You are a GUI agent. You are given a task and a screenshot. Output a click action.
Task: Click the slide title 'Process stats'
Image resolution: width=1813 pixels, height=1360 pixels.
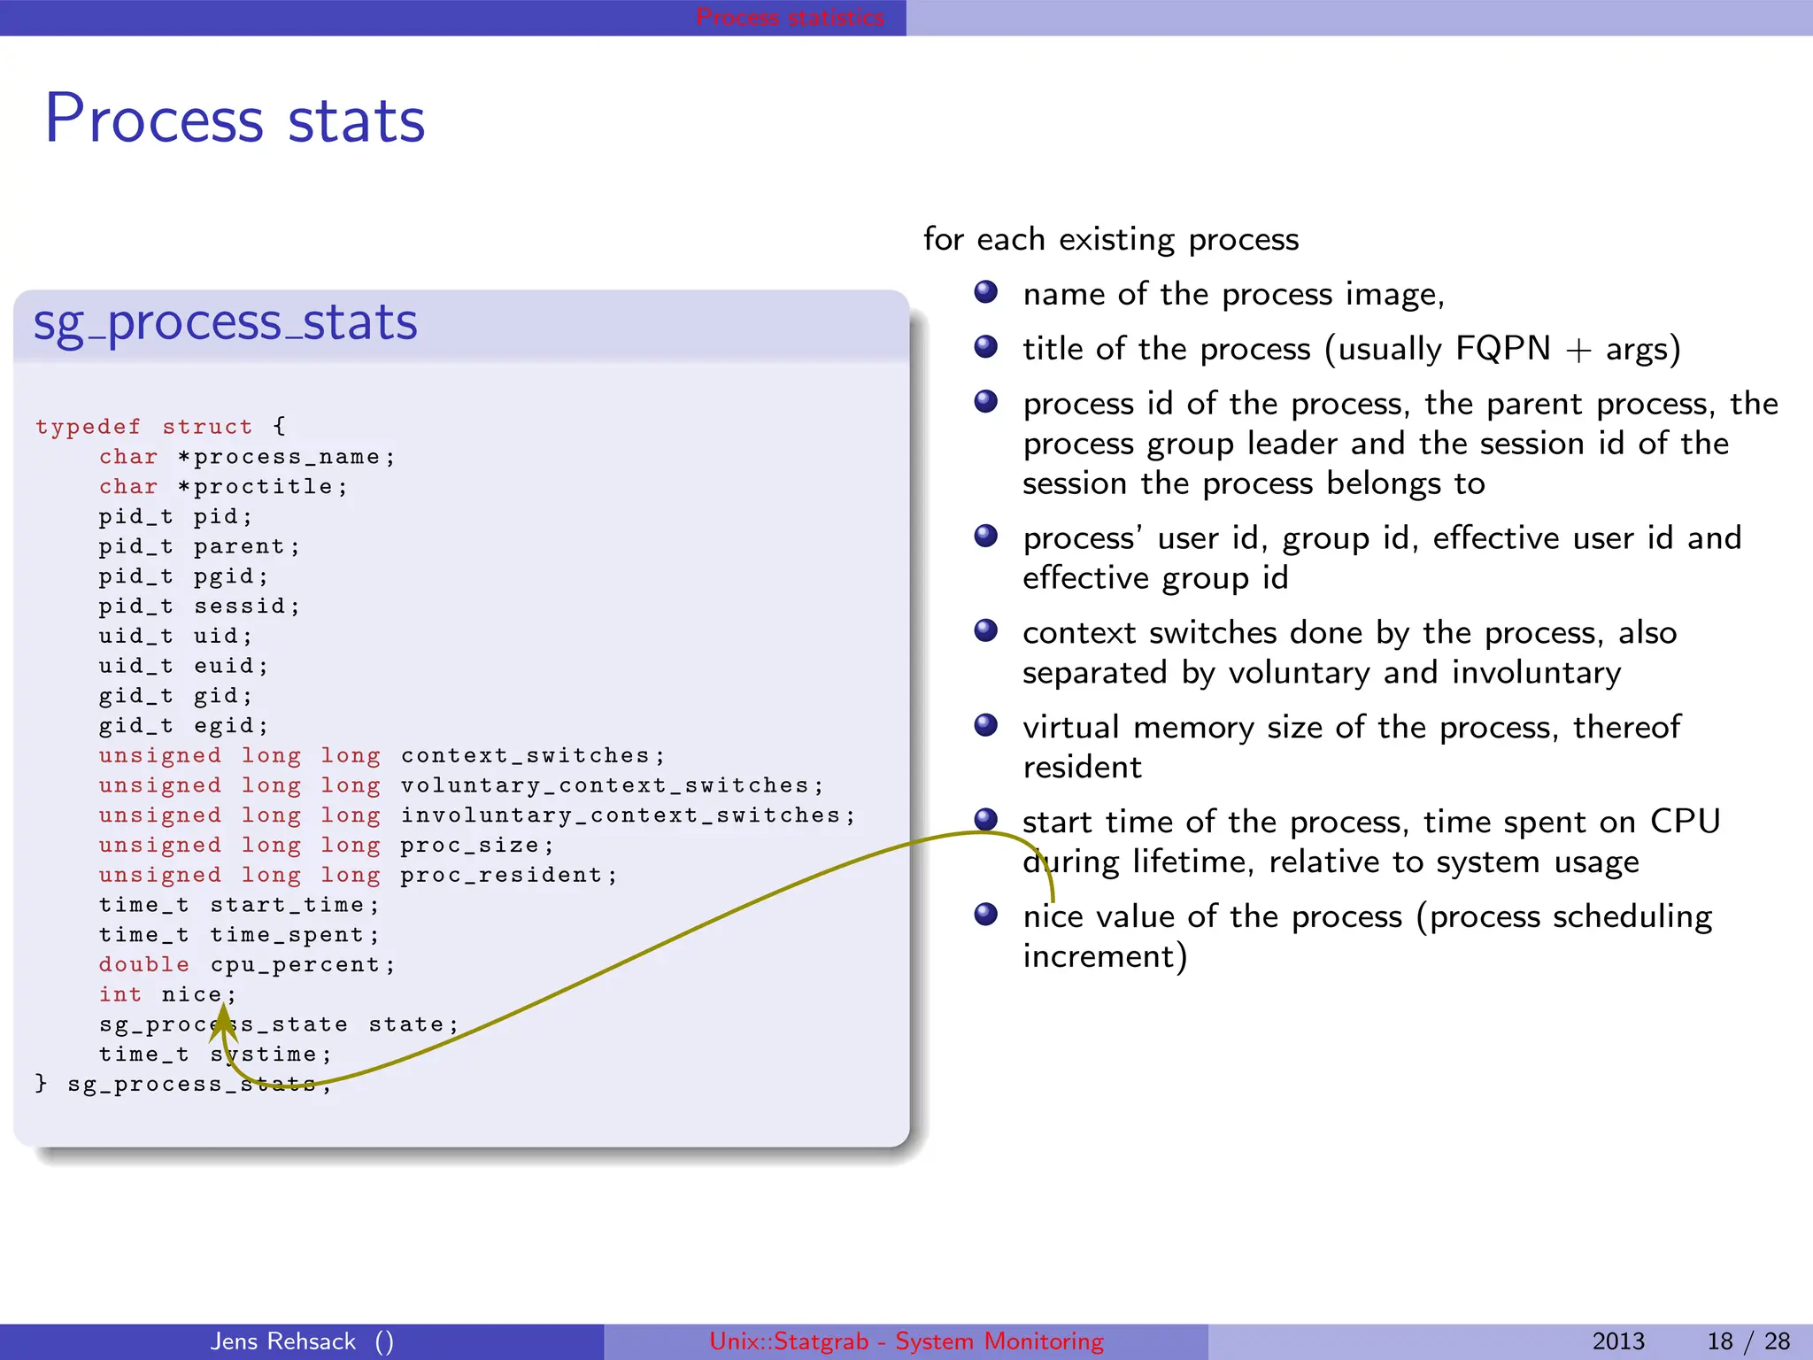click(x=235, y=120)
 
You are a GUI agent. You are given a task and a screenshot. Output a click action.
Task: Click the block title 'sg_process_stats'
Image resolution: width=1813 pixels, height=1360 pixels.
click(x=225, y=322)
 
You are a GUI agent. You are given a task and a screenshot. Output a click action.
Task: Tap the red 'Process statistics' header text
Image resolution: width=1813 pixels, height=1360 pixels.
click(x=790, y=17)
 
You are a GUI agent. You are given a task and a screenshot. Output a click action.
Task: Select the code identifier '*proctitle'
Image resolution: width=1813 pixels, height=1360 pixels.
click(x=262, y=487)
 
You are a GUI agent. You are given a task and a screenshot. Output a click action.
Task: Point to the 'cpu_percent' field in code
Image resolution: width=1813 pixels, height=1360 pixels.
click(x=301, y=965)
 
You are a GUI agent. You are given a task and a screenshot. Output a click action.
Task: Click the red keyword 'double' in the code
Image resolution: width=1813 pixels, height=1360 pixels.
click(x=144, y=965)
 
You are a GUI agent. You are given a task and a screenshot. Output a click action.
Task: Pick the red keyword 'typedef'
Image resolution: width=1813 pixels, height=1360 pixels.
click(x=88, y=427)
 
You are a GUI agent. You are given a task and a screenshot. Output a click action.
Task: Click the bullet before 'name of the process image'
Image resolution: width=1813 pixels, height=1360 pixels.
click(x=986, y=292)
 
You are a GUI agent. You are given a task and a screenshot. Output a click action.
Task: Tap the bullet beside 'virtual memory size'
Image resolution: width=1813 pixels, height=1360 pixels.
click(x=986, y=726)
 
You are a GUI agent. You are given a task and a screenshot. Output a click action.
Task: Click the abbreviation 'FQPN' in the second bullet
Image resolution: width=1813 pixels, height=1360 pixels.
click(x=1502, y=349)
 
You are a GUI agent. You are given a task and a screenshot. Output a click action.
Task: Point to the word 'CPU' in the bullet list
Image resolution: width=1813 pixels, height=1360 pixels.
click(x=1685, y=822)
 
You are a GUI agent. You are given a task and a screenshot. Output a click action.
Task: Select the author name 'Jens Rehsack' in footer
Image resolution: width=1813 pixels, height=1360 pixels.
click(x=283, y=1341)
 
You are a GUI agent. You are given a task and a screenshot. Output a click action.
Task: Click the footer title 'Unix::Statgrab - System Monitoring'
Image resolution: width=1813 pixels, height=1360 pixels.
click(x=906, y=1341)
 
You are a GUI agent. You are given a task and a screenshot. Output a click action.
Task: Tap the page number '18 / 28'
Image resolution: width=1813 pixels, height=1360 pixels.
click(x=1747, y=1341)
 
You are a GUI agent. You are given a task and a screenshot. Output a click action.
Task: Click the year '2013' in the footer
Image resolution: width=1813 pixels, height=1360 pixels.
click(x=1618, y=1341)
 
